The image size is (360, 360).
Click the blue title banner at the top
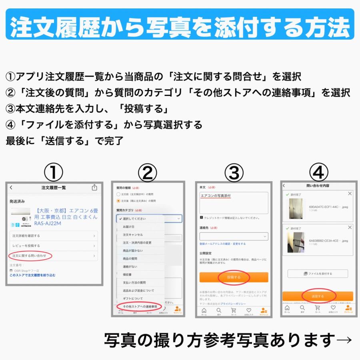point(180,25)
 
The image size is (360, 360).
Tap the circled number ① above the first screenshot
point(54,173)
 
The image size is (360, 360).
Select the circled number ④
point(318,173)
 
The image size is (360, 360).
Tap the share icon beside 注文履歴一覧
point(94,188)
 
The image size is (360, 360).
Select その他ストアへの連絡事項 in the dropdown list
point(140,306)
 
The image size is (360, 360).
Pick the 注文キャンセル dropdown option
point(140,235)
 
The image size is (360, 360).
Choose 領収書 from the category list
point(140,274)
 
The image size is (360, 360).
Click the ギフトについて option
point(140,298)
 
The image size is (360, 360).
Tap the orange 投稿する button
point(234,277)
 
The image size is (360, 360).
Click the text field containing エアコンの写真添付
point(234,202)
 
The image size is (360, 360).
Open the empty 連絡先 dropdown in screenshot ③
point(234,237)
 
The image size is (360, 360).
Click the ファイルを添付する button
point(318,274)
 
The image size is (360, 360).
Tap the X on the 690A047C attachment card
point(350,194)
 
